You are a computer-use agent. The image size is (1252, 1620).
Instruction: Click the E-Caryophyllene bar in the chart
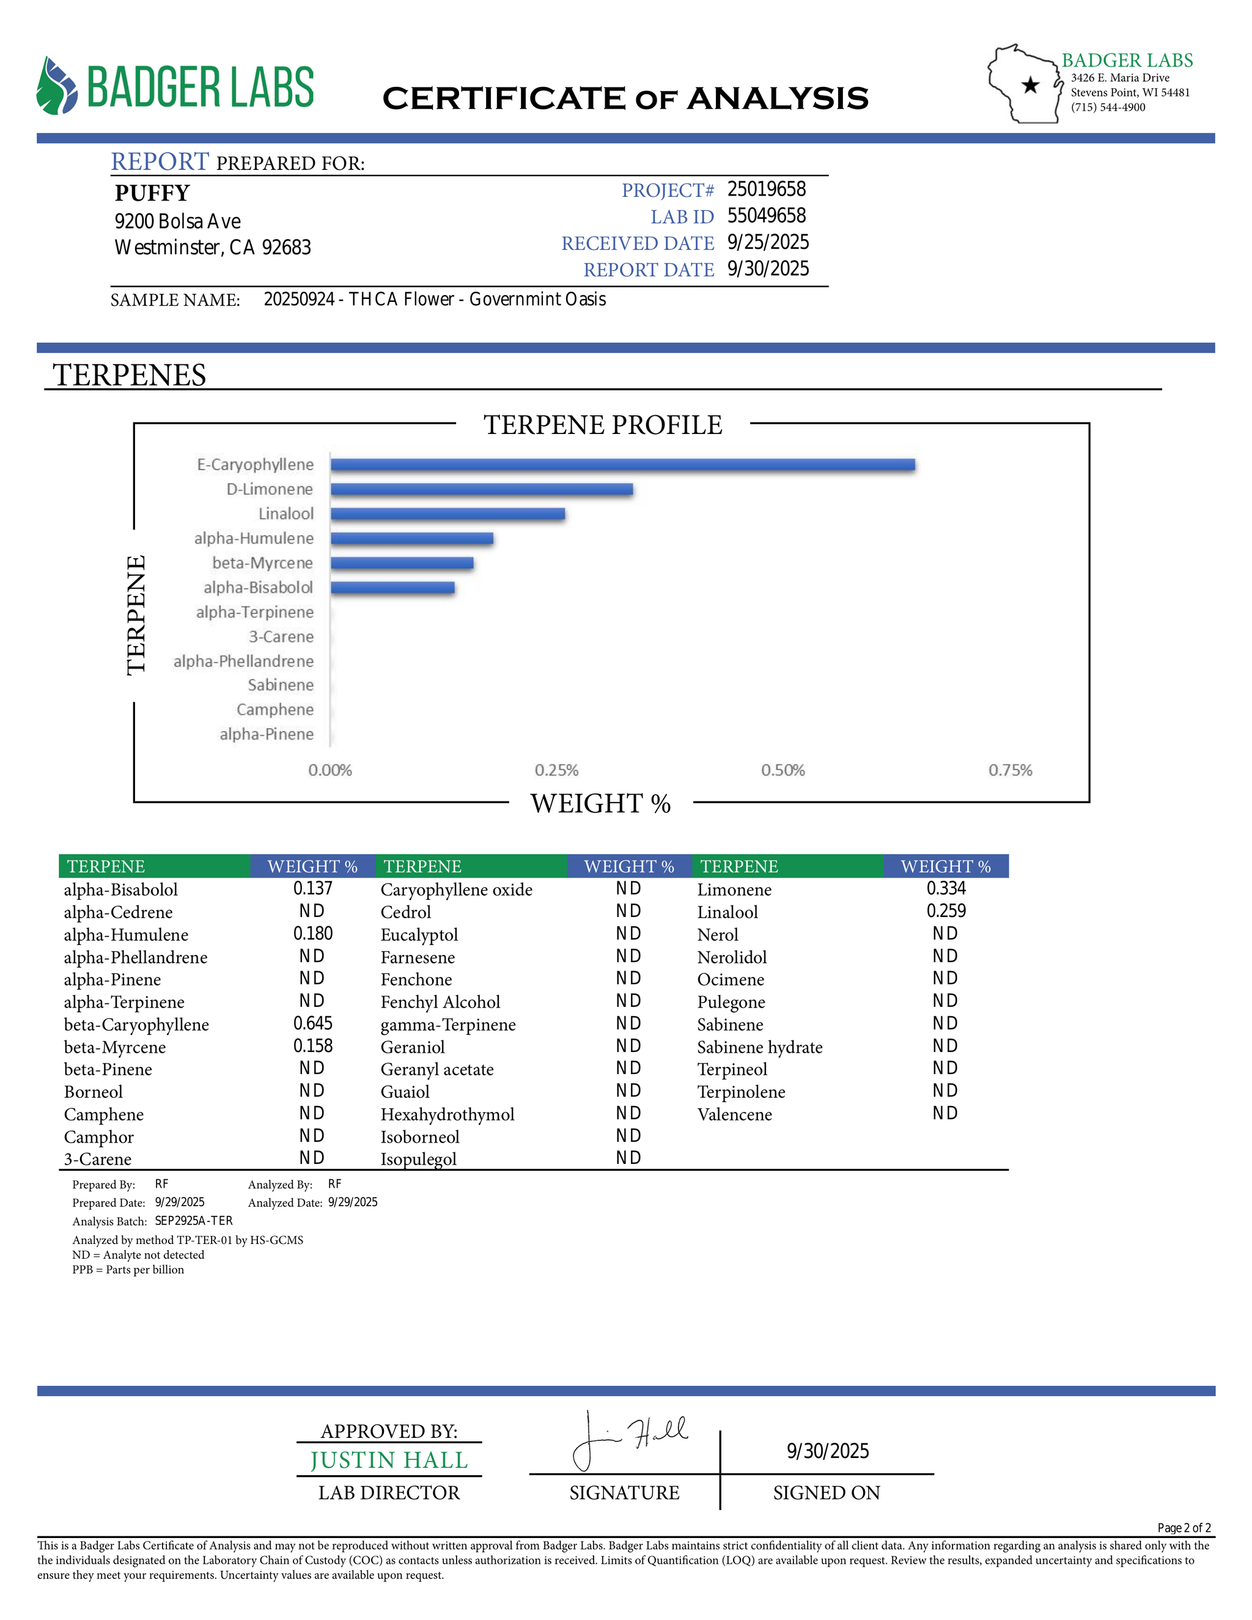click(x=622, y=465)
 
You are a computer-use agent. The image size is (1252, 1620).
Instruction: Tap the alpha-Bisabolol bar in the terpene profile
click(x=392, y=588)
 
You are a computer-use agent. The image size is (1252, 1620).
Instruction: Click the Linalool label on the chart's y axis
click(x=285, y=514)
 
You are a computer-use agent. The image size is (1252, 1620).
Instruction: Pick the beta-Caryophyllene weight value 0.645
click(x=313, y=1023)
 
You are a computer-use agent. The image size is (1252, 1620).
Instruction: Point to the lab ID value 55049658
click(x=766, y=216)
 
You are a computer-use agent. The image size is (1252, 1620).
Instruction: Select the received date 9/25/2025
click(x=768, y=243)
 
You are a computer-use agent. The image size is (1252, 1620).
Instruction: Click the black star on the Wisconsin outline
click(x=1030, y=86)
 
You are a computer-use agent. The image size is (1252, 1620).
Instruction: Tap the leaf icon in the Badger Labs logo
click(x=56, y=86)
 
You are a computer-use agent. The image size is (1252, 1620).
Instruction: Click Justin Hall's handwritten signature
click(x=630, y=1440)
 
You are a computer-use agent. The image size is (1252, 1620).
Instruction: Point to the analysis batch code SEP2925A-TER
click(x=194, y=1221)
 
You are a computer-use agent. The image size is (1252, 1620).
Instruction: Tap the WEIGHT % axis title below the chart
click(x=600, y=803)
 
